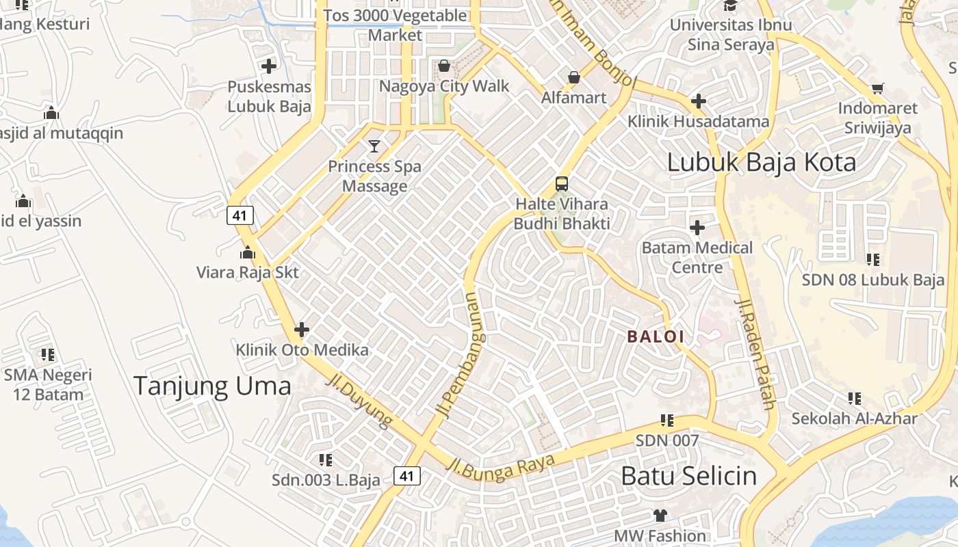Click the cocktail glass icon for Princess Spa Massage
374,146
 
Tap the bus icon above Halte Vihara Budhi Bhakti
562,183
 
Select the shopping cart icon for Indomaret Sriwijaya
877,88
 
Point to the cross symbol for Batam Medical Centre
697,227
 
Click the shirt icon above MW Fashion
660,515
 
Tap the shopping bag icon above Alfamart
573,77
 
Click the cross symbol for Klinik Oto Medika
301,330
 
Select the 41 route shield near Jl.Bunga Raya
407,476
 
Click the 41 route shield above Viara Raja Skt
240,215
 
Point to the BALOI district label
656,336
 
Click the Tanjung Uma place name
212,386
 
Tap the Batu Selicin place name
688,476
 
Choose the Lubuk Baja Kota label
761,163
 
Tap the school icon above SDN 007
667,421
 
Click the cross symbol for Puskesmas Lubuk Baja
269,66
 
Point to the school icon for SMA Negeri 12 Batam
47,355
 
